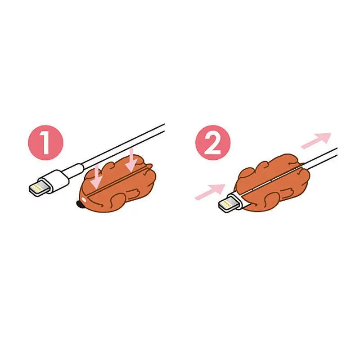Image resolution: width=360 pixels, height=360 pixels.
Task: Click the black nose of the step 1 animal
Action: [80, 205]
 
